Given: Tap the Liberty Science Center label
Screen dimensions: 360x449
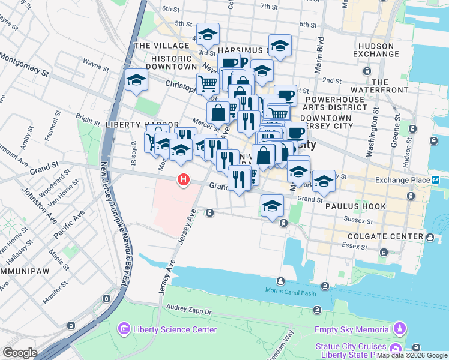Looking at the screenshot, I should click(x=175, y=329).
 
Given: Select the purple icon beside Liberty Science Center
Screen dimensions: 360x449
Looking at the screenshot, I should click(x=124, y=328).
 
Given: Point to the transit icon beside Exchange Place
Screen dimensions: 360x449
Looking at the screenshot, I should click(x=435, y=179).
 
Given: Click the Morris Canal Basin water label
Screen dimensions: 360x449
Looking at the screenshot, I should click(x=292, y=291).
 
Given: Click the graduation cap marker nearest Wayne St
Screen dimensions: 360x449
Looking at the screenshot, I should click(x=137, y=80).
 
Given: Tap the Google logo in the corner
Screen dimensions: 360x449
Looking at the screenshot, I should click(x=20, y=353).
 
